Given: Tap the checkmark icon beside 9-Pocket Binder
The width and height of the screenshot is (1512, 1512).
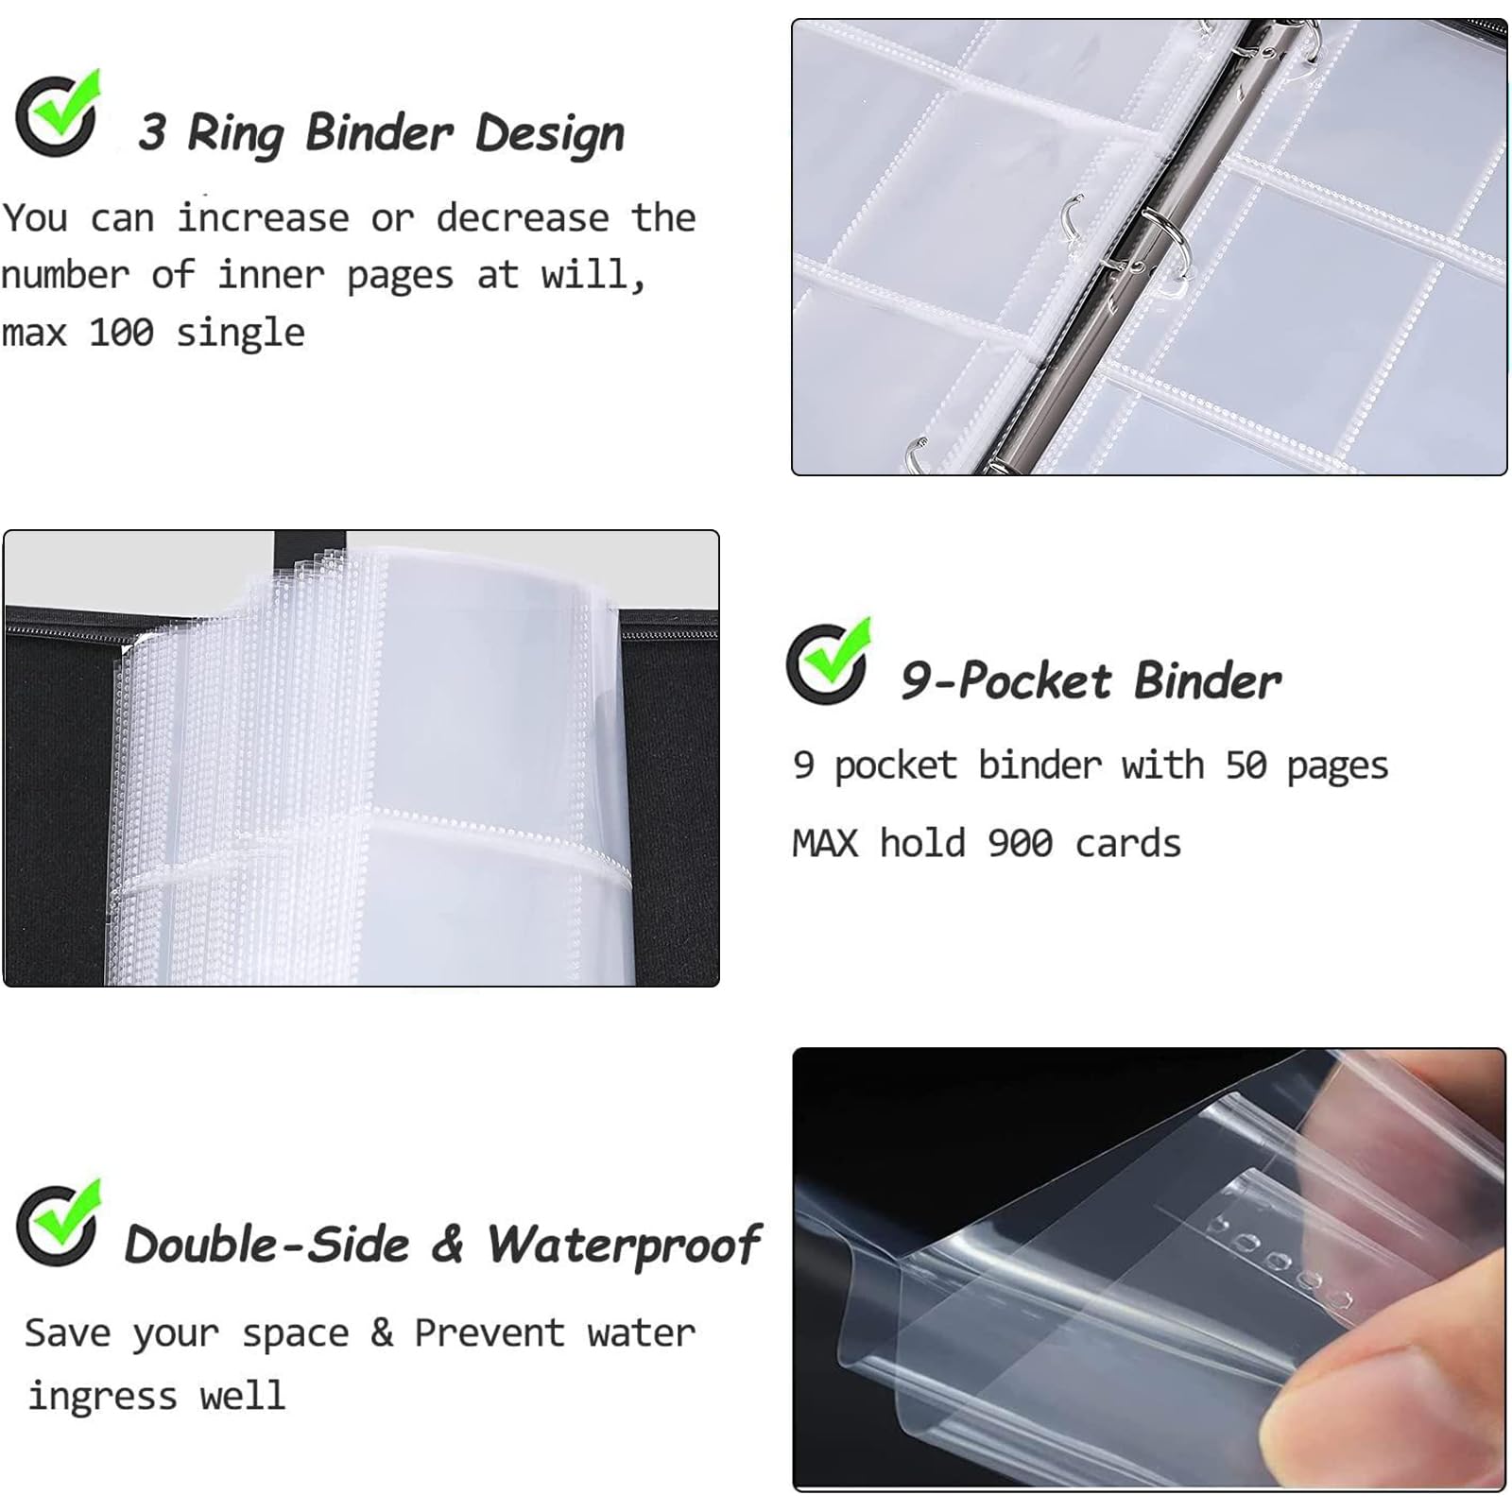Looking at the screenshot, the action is point(829,661).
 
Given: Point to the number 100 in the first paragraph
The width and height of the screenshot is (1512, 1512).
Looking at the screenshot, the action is point(122,333).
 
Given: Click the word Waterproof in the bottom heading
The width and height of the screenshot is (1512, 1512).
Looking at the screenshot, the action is point(624,1246).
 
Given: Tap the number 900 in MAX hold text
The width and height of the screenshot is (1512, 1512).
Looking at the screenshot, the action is point(1020,843).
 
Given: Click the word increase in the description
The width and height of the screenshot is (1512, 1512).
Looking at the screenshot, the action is point(263,218).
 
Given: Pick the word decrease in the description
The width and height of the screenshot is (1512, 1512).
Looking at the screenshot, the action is point(522,218).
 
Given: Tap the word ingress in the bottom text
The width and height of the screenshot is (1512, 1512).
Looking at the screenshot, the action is point(102,1397).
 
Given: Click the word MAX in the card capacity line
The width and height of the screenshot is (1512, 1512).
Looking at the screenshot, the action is point(825,843).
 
